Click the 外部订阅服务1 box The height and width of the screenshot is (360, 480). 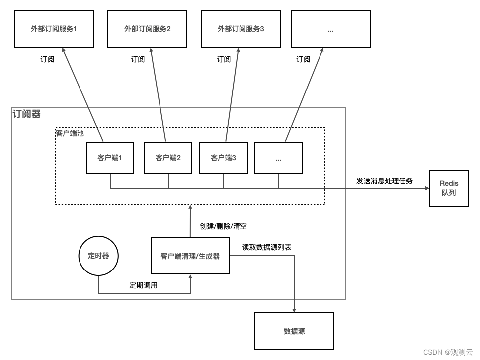tap(54, 29)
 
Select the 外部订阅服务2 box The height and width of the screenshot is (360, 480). tap(147, 29)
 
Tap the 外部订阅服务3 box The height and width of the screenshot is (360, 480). tap(240, 29)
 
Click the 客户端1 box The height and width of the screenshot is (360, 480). tap(110, 158)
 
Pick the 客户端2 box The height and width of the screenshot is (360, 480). tap(168, 158)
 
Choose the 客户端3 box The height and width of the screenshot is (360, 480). tap(223, 158)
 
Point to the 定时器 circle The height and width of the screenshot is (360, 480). tap(98, 256)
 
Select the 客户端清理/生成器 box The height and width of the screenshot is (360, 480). tap(190, 256)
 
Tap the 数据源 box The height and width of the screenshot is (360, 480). tap(294, 331)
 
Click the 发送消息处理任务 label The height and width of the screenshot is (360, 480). tap(385, 181)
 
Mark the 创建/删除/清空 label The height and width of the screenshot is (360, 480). tap(223, 226)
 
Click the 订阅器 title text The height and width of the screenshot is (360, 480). tap(27, 114)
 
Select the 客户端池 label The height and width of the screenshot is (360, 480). tap(70, 133)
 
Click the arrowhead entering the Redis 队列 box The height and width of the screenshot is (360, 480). tap(426, 189)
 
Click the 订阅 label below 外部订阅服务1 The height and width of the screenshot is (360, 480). tap(47, 59)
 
